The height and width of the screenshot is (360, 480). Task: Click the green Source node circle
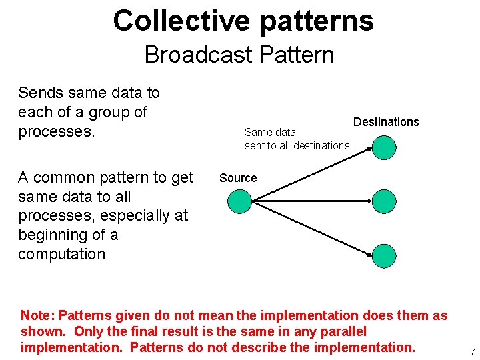tap(240, 201)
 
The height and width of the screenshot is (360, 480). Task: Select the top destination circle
tap(384, 147)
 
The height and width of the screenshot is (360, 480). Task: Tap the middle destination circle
tap(384, 201)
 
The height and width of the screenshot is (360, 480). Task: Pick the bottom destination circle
tap(384, 255)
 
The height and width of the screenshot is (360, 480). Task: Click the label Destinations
tap(386, 122)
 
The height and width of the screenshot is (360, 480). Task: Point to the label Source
tap(238, 178)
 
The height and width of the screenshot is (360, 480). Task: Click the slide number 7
tap(472, 351)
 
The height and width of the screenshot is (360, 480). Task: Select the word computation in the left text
tap(61, 254)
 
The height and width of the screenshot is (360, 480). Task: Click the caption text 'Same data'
tap(270, 132)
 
